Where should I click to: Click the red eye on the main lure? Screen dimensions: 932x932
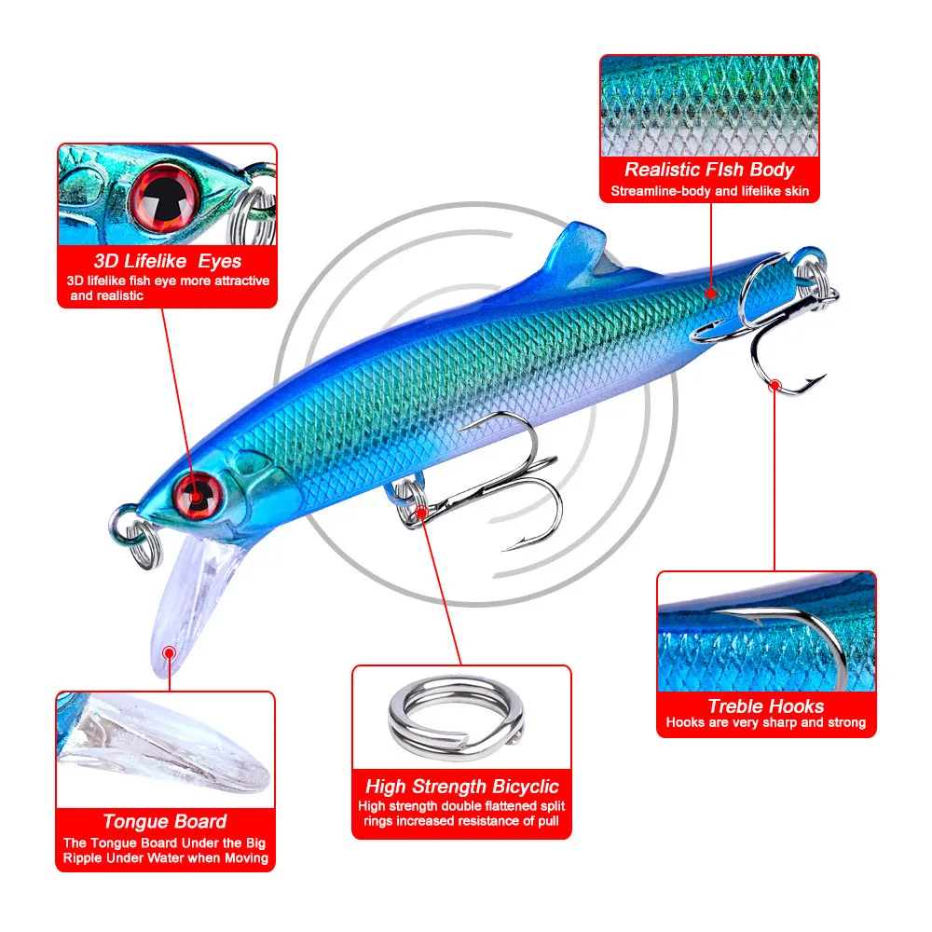pyautogui.click(x=199, y=489)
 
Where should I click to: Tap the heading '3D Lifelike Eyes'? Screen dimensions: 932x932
pyautogui.click(x=168, y=261)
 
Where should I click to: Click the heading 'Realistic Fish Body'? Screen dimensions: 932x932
pyautogui.click(x=709, y=170)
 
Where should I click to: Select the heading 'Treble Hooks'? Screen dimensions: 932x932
pyautogui.click(x=765, y=706)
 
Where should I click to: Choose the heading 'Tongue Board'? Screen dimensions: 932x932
pyautogui.click(x=165, y=821)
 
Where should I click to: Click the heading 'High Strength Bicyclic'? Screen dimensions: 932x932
pyautogui.click(x=461, y=787)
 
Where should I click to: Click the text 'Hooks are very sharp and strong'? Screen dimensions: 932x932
pyautogui.click(x=765, y=723)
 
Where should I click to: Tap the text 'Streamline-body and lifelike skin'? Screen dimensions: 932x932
pyautogui.click(x=709, y=192)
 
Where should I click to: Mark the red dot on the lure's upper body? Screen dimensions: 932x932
pyautogui.click(x=711, y=293)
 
